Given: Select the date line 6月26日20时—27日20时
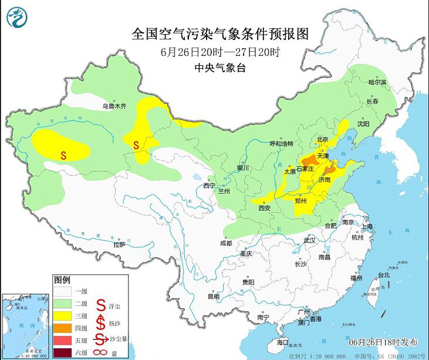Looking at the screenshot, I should (x=219, y=51).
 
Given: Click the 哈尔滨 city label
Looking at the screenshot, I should (x=377, y=83).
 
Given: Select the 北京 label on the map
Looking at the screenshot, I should (x=321, y=139).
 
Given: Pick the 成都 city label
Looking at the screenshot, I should (x=225, y=243).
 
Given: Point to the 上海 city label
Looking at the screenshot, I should (x=368, y=226).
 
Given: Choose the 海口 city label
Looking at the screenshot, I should (x=283, y=341).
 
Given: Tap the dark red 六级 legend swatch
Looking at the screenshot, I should (x=63, y=352).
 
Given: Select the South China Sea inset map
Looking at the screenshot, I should (x=25, y=325).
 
